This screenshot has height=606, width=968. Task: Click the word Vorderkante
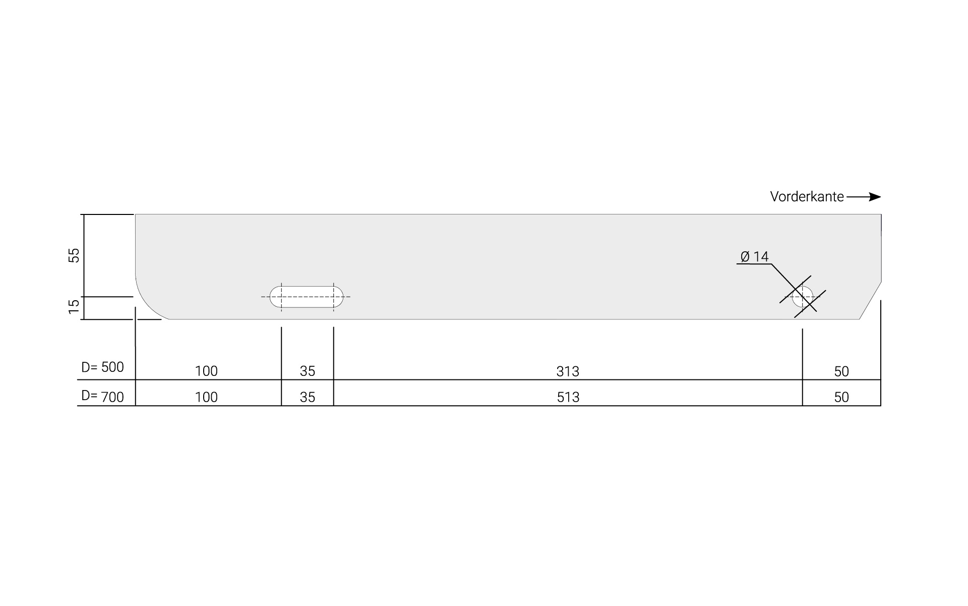(807, 197)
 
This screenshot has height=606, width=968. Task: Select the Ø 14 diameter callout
(754, 257)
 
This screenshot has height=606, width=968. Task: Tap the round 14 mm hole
(803, 297)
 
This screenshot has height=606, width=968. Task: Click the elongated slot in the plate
(307, 297)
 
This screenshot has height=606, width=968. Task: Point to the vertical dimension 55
(74, 255)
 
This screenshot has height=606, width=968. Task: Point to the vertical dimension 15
(74, 306)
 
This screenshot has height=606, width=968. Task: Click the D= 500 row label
(102, 367)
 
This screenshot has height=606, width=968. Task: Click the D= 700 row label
(102, 397)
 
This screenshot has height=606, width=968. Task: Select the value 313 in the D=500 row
(568, 371)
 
